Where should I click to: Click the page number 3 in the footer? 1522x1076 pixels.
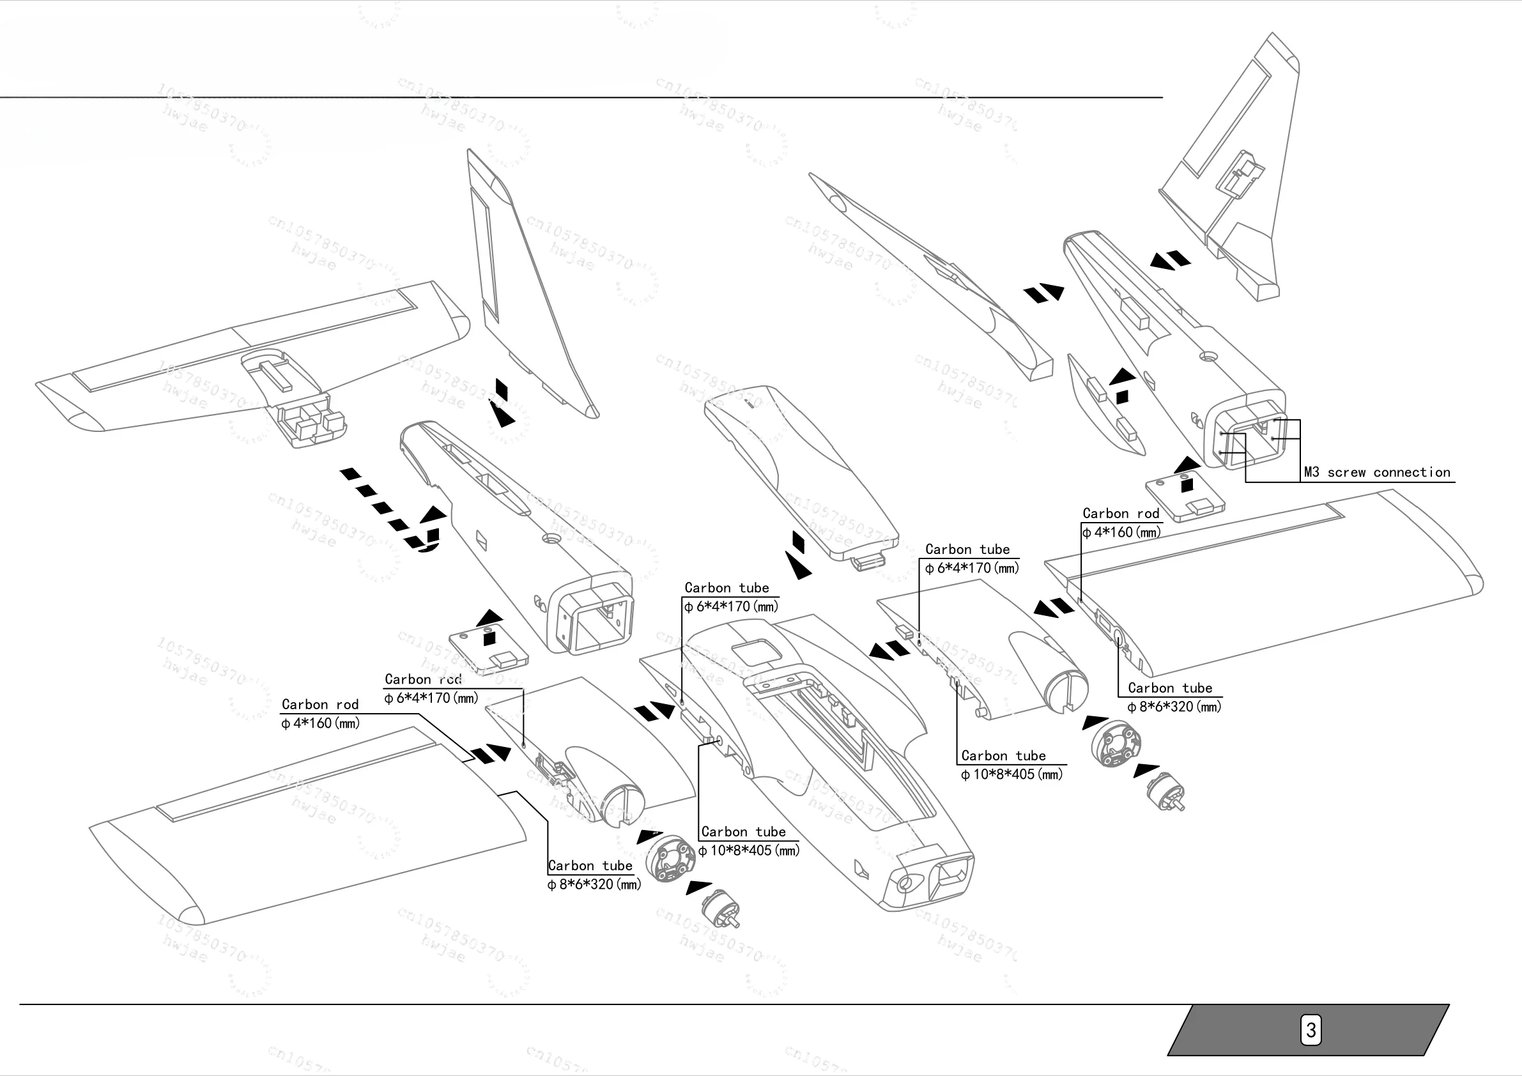[x=1310, y=1030]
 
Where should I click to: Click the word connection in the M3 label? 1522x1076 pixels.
[x=1412, y=473]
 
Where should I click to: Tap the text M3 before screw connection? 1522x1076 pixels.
[x=1311, y=473]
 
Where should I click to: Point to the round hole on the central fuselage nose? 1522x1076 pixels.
[x=904, y=883]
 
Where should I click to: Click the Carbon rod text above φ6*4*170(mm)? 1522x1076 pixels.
[x=423, y=680]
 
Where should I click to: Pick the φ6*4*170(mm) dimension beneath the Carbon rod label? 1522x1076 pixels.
[x=431, y=698]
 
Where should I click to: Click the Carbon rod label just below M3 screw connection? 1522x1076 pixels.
[x=1120, y=514]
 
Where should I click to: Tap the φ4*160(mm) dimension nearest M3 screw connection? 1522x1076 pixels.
[x=1121, y=532]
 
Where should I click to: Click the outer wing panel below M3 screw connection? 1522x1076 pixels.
[x=1273, y=583]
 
